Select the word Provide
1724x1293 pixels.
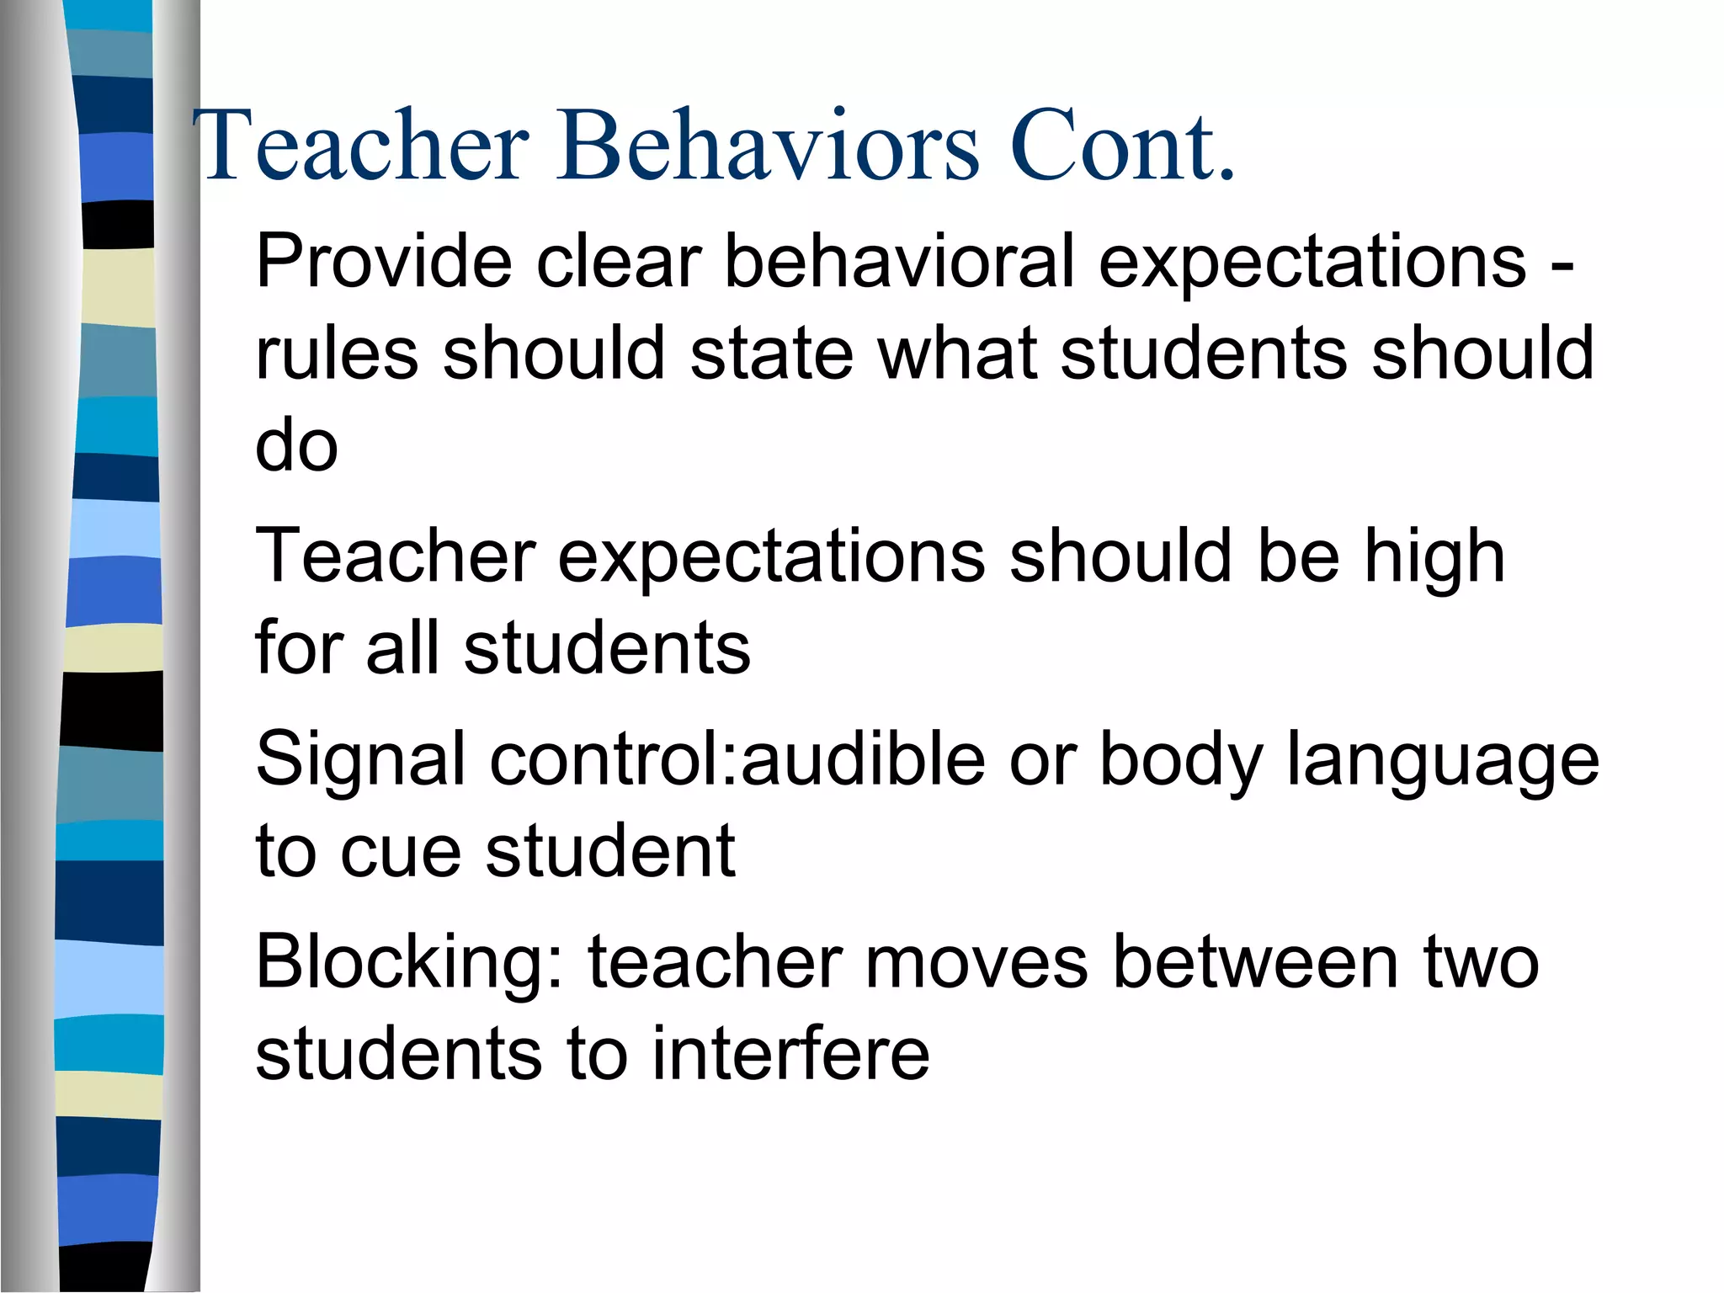pyautogui.click(x=383, y=261)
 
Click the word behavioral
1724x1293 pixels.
pyautogui.click(x=899, y=261)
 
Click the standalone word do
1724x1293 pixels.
pyautogui.click(x=296, y=446)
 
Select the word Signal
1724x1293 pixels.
pyautogui.click(x=360, y=759)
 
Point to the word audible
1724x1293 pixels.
pyautogui.click(x=863, y=759)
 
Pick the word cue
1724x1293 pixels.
pyautogui.click(x=401, y=852)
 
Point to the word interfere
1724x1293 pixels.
pyautogui.click(x=790, y=1054)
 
